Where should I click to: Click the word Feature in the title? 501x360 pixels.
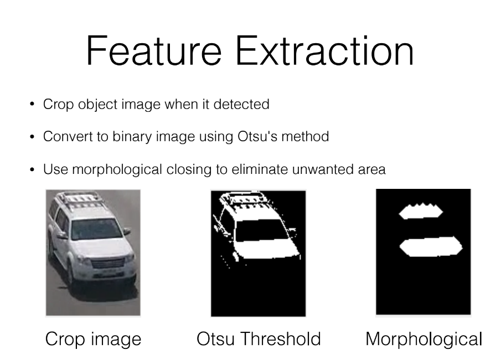point(154,50)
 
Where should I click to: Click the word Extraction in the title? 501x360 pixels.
point(324,50)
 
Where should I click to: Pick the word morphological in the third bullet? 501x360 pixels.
point(117,170)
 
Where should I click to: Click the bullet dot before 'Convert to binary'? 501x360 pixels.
point(32,137)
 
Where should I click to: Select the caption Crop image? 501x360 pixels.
point(93,339)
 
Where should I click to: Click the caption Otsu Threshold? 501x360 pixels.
point(259,338)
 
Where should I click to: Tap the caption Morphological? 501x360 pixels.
point(423,339)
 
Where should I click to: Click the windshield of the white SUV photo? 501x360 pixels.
point(96,229)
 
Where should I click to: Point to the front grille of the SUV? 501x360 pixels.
point(108,264)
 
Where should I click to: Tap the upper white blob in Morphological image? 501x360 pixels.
point(421,211)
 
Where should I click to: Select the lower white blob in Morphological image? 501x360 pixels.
point(431,246)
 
